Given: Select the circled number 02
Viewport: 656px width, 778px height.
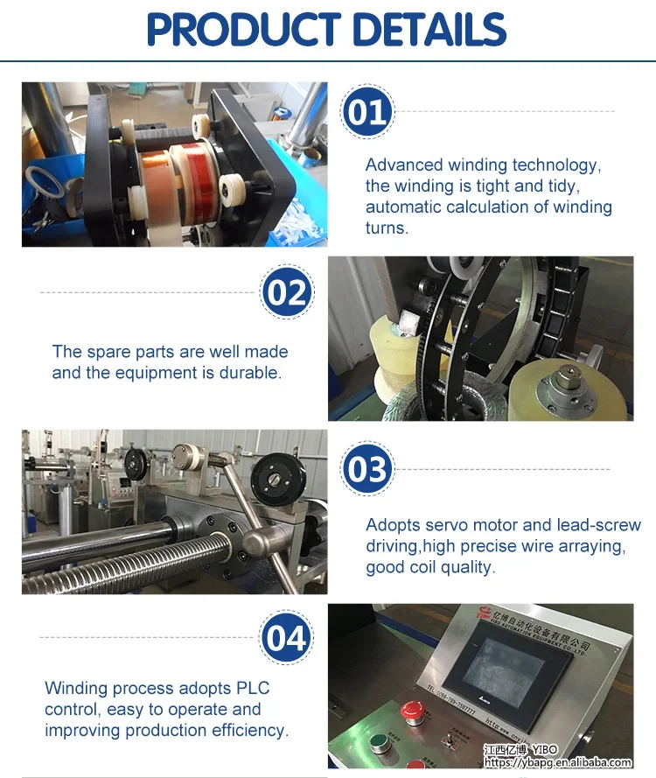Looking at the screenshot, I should tap(286, 293).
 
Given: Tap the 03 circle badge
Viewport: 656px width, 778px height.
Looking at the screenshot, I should tap(366, 470).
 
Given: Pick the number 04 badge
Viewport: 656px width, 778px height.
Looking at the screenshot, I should tap(286, 639).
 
